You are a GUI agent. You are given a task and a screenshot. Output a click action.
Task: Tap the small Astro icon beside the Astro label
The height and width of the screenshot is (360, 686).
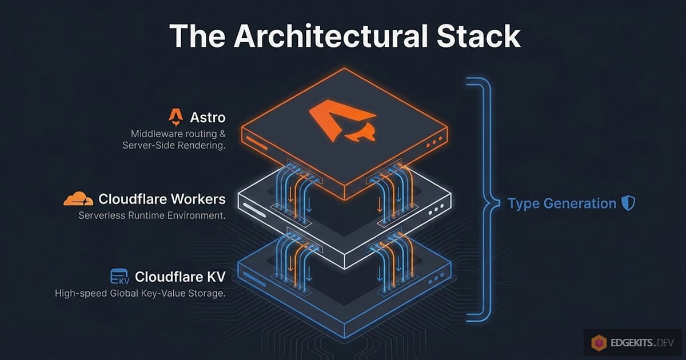[176, 118]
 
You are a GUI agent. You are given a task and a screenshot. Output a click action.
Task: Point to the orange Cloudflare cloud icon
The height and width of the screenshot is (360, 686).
[78, 199]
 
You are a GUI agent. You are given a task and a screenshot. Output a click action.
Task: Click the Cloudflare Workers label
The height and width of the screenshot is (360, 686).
[162, 199]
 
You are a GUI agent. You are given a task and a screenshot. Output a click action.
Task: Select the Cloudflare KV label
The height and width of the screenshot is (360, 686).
[180, 277]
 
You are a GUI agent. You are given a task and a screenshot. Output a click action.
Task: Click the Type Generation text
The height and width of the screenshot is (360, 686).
[562, 203]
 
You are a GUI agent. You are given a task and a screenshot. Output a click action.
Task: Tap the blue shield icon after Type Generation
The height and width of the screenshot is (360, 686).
[628, 203]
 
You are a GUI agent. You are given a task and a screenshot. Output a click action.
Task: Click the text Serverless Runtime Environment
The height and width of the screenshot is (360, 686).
[151, 217]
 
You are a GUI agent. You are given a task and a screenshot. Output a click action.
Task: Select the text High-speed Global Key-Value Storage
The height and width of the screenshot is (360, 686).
[140, 294]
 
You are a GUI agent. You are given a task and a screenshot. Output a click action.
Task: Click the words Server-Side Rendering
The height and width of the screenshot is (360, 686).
[174, 146]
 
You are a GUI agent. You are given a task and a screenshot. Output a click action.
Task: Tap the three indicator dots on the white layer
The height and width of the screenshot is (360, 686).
[436, 210]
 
